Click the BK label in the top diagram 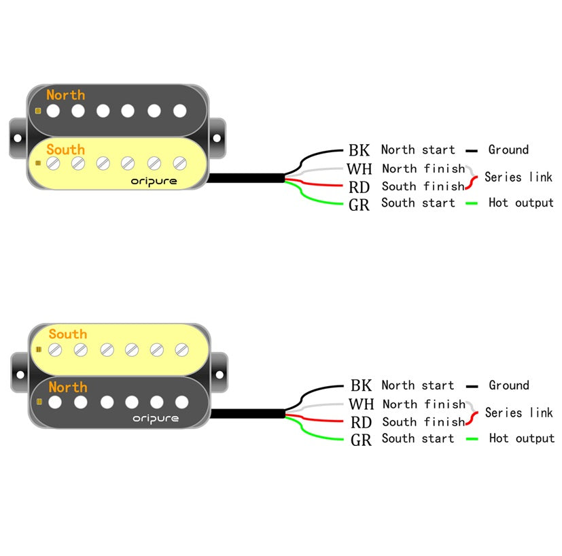click(359, 150)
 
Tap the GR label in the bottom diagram click(361, 440)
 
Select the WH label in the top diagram click(359, 169)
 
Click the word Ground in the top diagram click(508, 150)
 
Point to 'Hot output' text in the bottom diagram click(521, 438)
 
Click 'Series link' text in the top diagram click(518, 177)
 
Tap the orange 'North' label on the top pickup click(66, 95)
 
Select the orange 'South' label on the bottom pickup click(67, 334)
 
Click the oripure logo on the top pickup click(154, 181)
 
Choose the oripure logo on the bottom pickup click(155, 418)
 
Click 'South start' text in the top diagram click(418, 203)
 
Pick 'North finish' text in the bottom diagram click(423, 404)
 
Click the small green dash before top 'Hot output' click(472, 203)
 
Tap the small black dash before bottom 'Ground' click(472, 386)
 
